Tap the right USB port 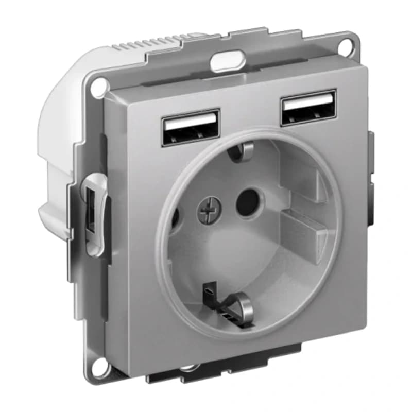tap(308, 108)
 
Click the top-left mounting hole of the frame tap(97, 88)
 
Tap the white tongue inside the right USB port tap(308, 104)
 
